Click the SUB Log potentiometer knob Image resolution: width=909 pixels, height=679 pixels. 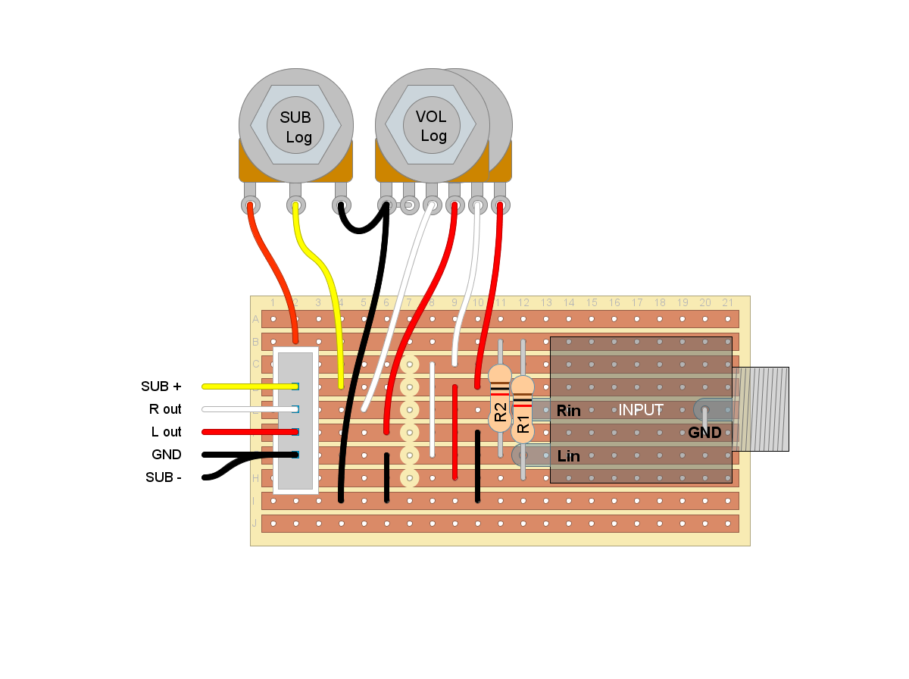point(295,126)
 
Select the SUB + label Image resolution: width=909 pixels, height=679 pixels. point(161,386)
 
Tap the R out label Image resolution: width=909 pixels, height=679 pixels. point(165,409)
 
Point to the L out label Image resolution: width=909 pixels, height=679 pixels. point(166,432)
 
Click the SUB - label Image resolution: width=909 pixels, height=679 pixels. point(163,478)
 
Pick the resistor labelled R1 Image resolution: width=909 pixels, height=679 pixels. point(523,409)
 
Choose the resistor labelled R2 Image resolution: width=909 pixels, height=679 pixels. point(500,399)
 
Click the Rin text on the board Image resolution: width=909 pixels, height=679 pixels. point(568,411)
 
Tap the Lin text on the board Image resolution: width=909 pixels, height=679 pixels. point(568,456)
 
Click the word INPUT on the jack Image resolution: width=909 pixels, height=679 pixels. point(641,410)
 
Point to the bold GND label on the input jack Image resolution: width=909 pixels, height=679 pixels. point(704,433)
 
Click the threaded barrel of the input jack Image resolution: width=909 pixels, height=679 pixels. point(761,409)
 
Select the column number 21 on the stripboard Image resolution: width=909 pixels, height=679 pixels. point(727,303)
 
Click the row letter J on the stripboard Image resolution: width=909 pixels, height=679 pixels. point(255,524)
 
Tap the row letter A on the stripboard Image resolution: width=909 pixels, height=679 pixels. point(255,320)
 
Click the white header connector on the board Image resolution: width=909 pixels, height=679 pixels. point(295,421)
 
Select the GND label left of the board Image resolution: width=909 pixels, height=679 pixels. point(167,455)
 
